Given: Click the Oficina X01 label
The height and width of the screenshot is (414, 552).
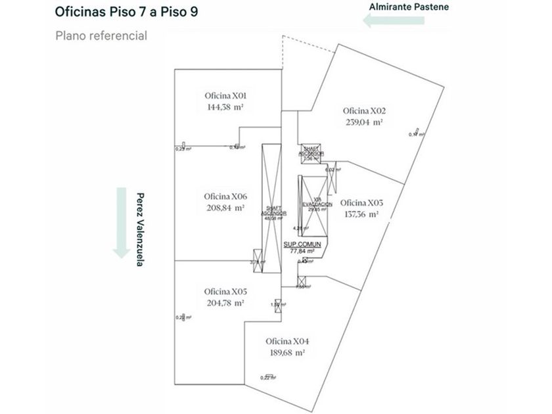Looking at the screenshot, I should click(x=225, y=95).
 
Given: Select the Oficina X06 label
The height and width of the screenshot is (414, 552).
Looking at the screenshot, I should click(x=225, y=197).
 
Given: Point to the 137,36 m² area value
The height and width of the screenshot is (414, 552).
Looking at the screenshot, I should click(x=361, y=214).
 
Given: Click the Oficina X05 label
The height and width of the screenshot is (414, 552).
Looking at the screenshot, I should click(x=225, y=292).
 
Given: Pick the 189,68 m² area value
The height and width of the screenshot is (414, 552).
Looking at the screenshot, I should click(x=287, y=353).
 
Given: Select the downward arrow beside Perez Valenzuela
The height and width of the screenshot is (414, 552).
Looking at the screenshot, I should click(x=120, y=222).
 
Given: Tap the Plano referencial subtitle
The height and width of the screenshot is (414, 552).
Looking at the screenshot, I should click(x=101, y=35).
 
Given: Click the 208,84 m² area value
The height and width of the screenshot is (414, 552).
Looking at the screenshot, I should click(x=225, y=208).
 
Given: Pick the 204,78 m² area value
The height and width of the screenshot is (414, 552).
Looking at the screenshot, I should click(x=225, y=303).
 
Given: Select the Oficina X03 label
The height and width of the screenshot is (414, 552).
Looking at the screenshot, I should click(x=361, y=202).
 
